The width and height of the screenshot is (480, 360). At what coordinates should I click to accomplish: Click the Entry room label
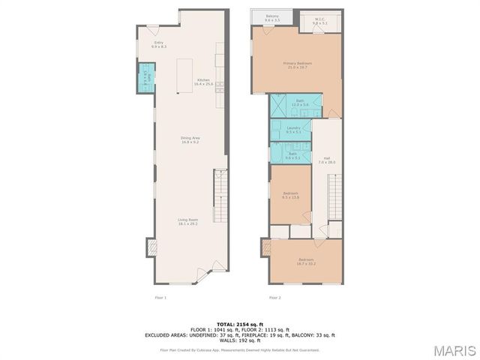point(159,44)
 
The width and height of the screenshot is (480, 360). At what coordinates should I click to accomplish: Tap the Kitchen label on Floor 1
point(203,82)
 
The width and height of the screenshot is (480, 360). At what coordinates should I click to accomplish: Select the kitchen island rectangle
point(184,76)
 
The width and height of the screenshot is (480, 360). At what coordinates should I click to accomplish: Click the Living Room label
point(187,222)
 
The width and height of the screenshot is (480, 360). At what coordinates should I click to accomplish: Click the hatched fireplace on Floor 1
point(150,247)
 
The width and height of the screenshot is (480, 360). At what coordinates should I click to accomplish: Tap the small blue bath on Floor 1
point(147,77)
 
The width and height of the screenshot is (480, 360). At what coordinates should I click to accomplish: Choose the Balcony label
point(272,16)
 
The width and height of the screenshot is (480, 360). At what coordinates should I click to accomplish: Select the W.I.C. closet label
point(320,22)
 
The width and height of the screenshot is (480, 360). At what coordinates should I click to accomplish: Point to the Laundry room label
point(293,129)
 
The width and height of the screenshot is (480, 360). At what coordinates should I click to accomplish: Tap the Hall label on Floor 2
point(326,160)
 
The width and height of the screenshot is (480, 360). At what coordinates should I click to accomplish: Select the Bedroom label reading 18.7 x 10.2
point(306,261)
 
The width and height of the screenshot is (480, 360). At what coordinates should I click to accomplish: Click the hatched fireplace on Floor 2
point(265,247)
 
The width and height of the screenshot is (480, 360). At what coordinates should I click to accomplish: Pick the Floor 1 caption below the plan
point(160,298)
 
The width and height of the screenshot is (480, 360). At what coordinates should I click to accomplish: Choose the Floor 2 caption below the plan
point(274,298)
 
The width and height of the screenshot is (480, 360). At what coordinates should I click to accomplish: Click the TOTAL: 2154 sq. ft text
point(240,323)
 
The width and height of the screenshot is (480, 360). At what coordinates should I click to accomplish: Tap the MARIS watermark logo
point(453,350)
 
